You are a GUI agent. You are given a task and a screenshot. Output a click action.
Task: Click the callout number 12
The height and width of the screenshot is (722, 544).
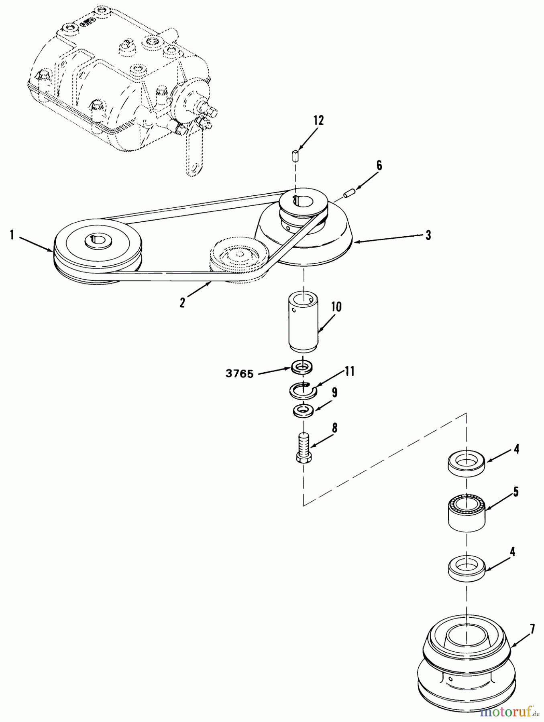pos(318,121)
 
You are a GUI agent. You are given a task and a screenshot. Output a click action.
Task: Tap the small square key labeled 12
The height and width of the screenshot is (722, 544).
pos(296,155)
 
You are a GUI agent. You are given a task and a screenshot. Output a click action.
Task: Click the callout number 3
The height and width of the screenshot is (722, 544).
pos(428,235)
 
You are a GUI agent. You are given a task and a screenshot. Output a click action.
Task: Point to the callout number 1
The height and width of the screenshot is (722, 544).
pos(12,235)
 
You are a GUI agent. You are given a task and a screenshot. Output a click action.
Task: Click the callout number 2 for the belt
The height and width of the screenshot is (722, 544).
pos(182,302)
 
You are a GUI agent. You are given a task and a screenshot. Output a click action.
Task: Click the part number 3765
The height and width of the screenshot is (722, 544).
pos(239,374)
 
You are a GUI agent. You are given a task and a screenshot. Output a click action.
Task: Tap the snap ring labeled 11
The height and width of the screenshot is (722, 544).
pos(303,389)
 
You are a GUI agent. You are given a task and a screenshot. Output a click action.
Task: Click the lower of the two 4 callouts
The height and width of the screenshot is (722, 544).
pos(512,552)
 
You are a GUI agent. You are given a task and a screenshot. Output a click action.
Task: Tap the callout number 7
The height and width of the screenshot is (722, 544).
pos(532,629)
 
